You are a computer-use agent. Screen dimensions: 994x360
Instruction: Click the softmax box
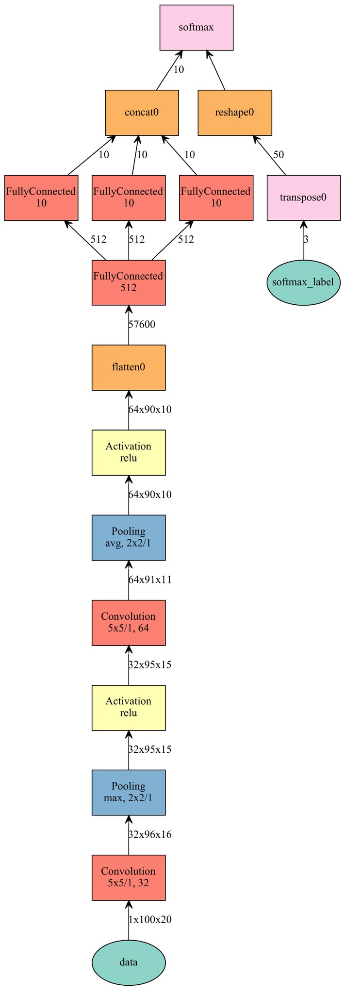point(196,28)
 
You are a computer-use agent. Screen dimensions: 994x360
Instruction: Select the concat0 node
point(142,113)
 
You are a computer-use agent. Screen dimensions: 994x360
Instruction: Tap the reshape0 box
point(234,113)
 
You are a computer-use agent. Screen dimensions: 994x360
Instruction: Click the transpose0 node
point(304,198)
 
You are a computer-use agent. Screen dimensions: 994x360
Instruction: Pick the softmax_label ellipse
point(304,282)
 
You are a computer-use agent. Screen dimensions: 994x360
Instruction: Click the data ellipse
point(129,962)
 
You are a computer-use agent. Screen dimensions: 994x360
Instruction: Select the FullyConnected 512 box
point(129,282)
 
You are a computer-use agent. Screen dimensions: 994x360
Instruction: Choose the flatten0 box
point(129,367)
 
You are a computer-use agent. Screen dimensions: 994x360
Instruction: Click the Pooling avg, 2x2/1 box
point(129,537)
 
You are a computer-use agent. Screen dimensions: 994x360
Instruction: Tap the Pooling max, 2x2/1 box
point(129,793)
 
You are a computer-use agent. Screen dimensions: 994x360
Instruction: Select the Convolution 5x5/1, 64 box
point(129,623)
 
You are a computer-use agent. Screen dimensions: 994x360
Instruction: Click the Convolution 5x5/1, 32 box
point(129,878)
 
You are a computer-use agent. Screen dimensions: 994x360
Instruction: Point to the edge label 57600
point(142,325)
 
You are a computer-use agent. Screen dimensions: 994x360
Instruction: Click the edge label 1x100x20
point(149,920)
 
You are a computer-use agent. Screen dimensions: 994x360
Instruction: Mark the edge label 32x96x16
point(149,835)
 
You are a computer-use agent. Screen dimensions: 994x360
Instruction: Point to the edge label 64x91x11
point(149,580)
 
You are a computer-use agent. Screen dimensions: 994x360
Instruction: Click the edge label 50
point(278,155)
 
